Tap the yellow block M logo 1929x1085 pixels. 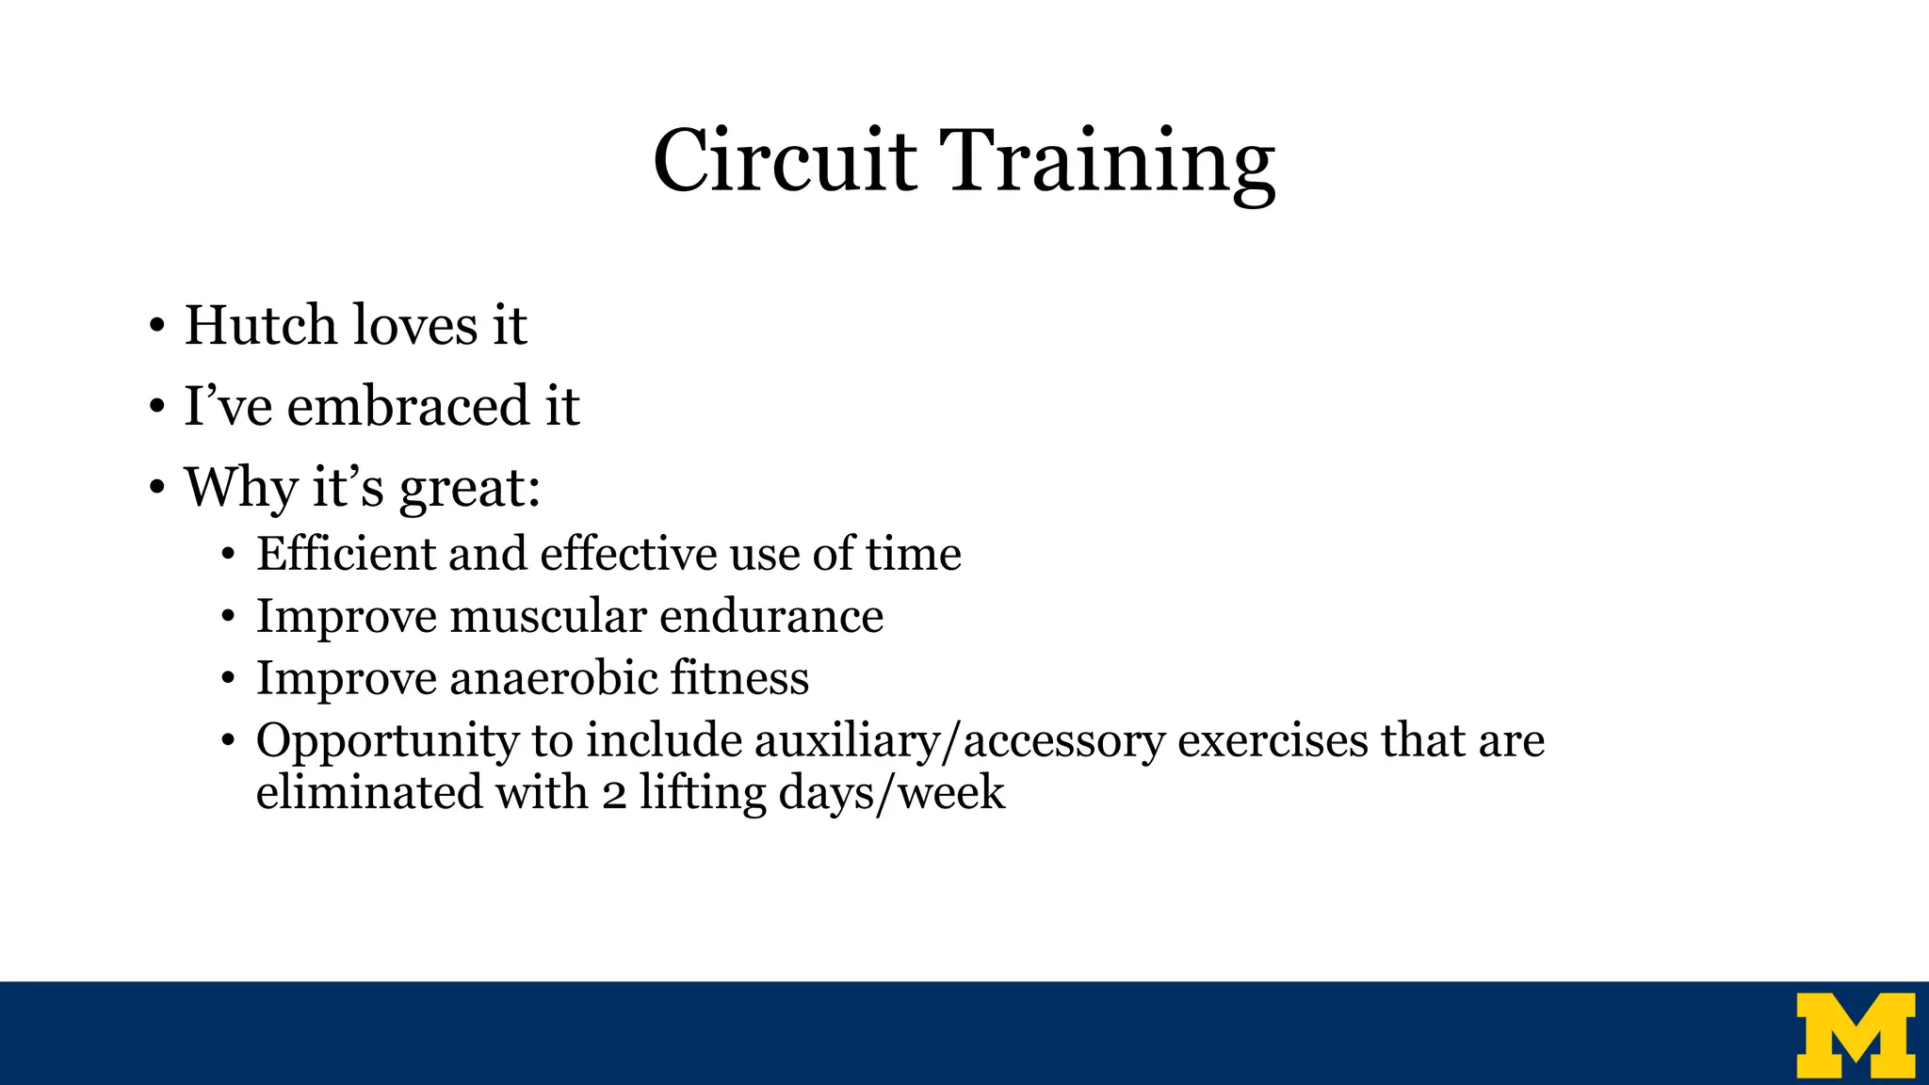tap(1855, 1034)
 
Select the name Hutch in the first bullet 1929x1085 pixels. tap(260, 326)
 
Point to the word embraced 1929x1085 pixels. tap(408, 407)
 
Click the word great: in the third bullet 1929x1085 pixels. tap(469, 489)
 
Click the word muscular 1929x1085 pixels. tap(548, 617)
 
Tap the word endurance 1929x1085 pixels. tap(770, 617)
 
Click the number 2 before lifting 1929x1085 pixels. tap(614, 793)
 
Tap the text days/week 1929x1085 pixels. tap(891, 793)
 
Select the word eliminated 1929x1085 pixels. tap(368, 792)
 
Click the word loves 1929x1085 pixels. tap(414, 326)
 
